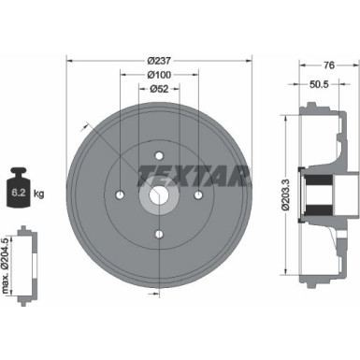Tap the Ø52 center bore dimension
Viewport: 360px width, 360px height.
(159, 89)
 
